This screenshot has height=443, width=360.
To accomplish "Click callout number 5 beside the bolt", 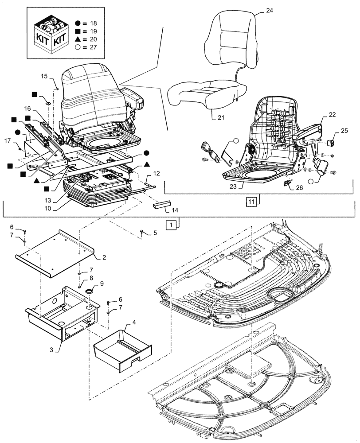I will coord(155,232).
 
